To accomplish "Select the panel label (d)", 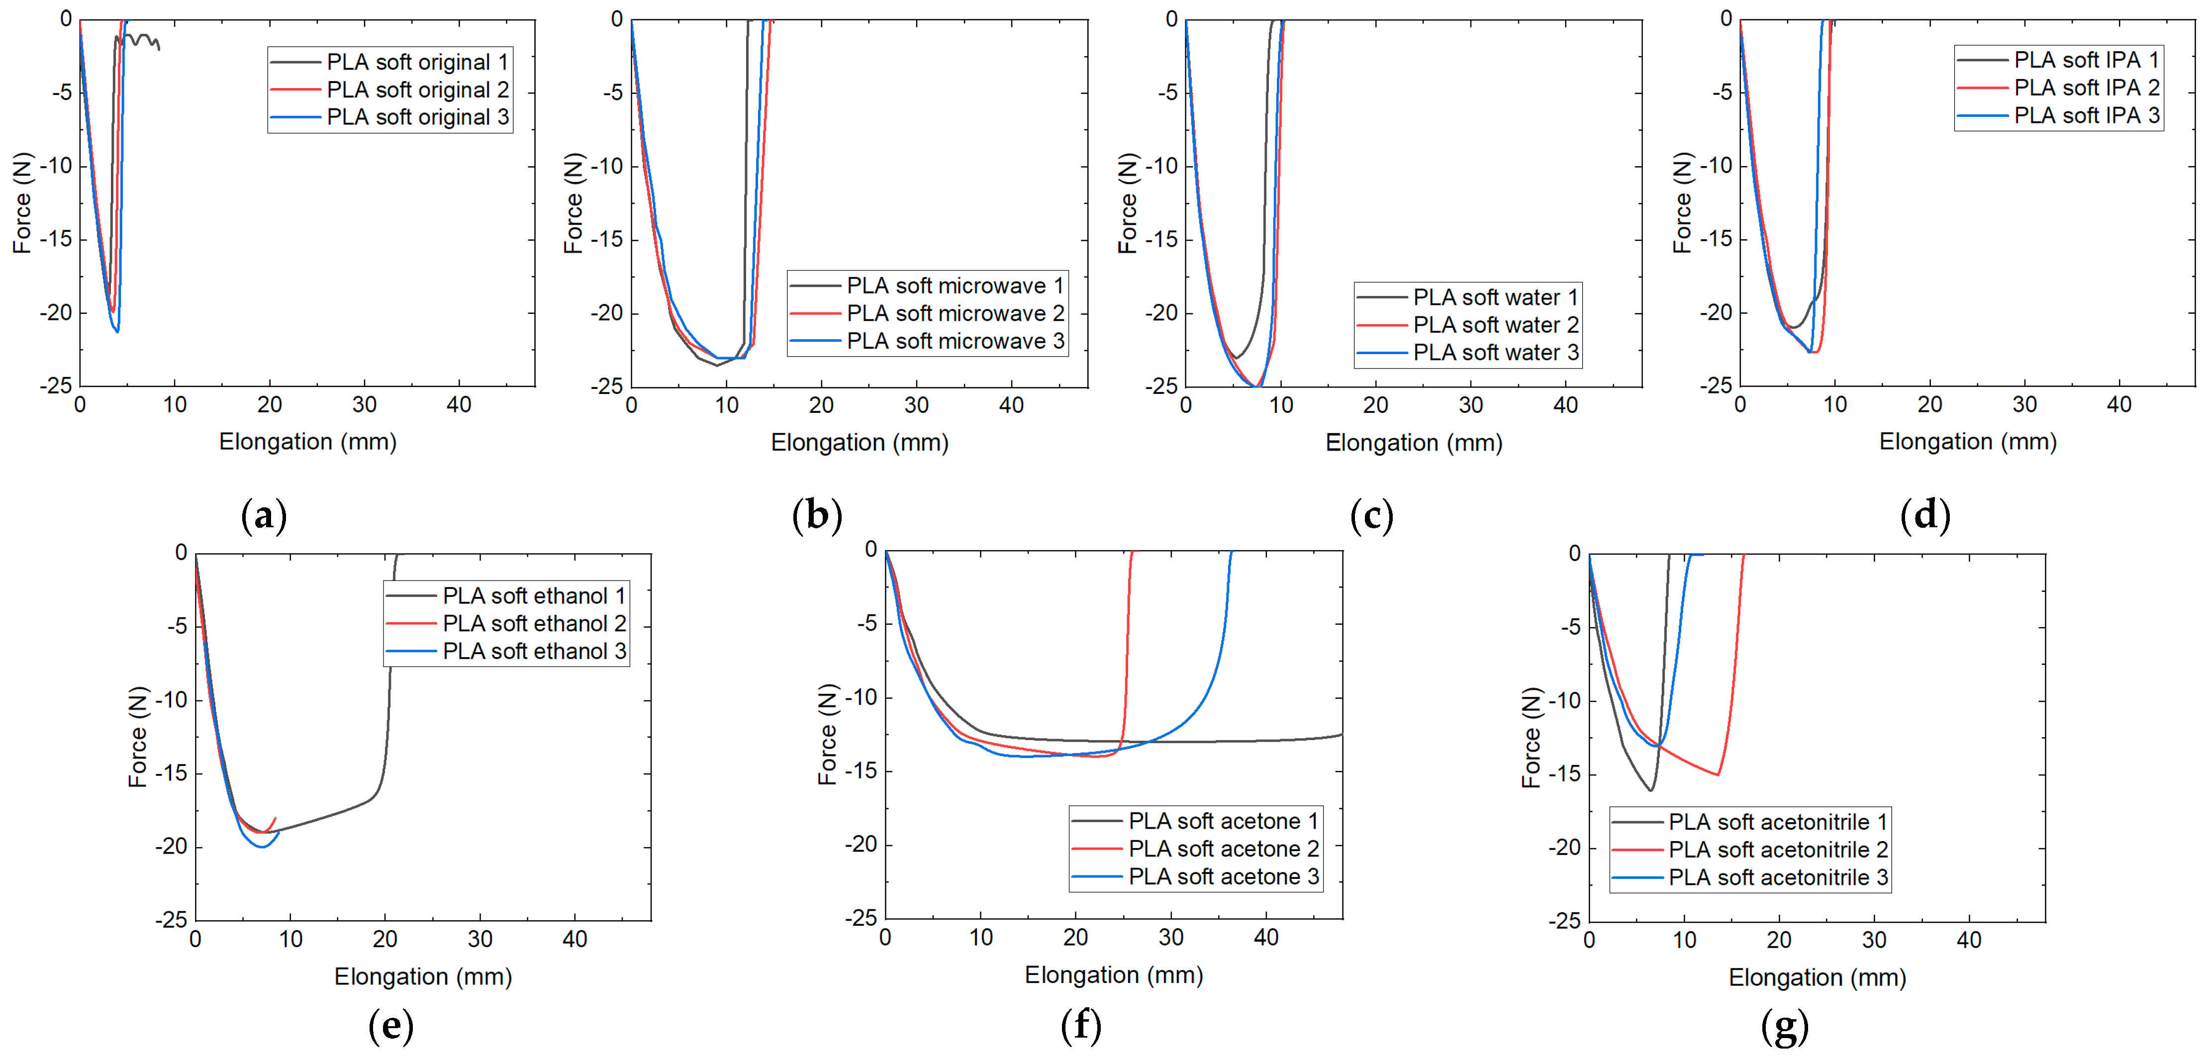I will tap(1925, 516).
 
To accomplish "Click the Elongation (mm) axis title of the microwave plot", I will tap(860, 442).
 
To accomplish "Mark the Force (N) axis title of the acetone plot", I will tap(827, 734).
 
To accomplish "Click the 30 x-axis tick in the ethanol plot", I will tap(480, 939).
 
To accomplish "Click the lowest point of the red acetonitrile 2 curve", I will tap(1718, 774).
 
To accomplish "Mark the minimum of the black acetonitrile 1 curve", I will tap(1650, 790).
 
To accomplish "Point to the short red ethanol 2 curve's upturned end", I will tap(274, 819).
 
